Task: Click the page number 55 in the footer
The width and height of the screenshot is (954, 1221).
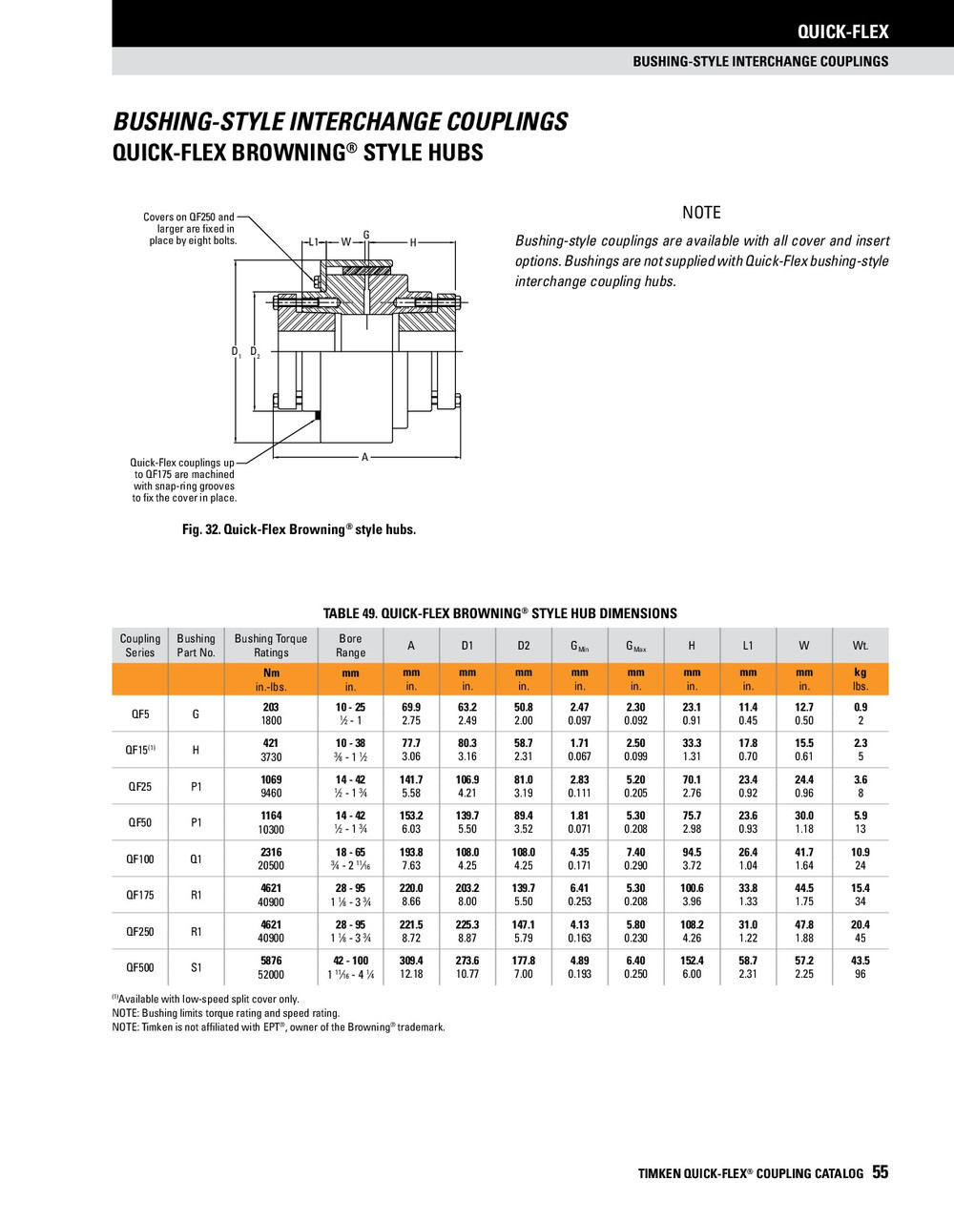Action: click(880, 1172)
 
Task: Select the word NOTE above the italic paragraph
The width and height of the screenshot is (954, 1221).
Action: click(701, 213)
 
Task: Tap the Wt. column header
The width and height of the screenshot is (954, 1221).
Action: click(860, 646)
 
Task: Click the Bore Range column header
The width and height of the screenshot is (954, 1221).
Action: click(350, 646)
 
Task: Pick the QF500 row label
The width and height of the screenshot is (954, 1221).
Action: click(139, 967)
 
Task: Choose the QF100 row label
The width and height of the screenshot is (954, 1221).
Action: click(139, 859)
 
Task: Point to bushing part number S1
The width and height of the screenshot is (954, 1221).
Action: click(196, 967)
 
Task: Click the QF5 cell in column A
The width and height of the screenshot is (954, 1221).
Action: click(411, 714)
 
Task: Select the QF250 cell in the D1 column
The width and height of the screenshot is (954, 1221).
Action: click(467, 931)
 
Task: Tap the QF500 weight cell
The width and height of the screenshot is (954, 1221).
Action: click(860, 967)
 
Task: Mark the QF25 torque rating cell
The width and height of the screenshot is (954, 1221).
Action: click(271, 786)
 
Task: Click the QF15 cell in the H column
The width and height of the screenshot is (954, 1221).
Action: click(692, 750)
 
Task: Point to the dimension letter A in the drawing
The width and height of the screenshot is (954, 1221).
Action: click(364, 458)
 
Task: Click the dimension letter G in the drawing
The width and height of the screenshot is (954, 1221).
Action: click(366, 235)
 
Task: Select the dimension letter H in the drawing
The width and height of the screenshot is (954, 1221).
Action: click(413, 242)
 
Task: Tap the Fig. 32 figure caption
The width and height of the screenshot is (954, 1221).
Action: click(299, 529)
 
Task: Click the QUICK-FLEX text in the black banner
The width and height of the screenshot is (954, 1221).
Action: click(842, 32)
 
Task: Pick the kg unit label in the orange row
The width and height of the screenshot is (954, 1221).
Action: click(860, 673)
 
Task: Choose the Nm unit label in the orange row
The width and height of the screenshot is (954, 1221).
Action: click(271, 673)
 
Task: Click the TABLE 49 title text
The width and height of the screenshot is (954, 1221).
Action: click(500, 613)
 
